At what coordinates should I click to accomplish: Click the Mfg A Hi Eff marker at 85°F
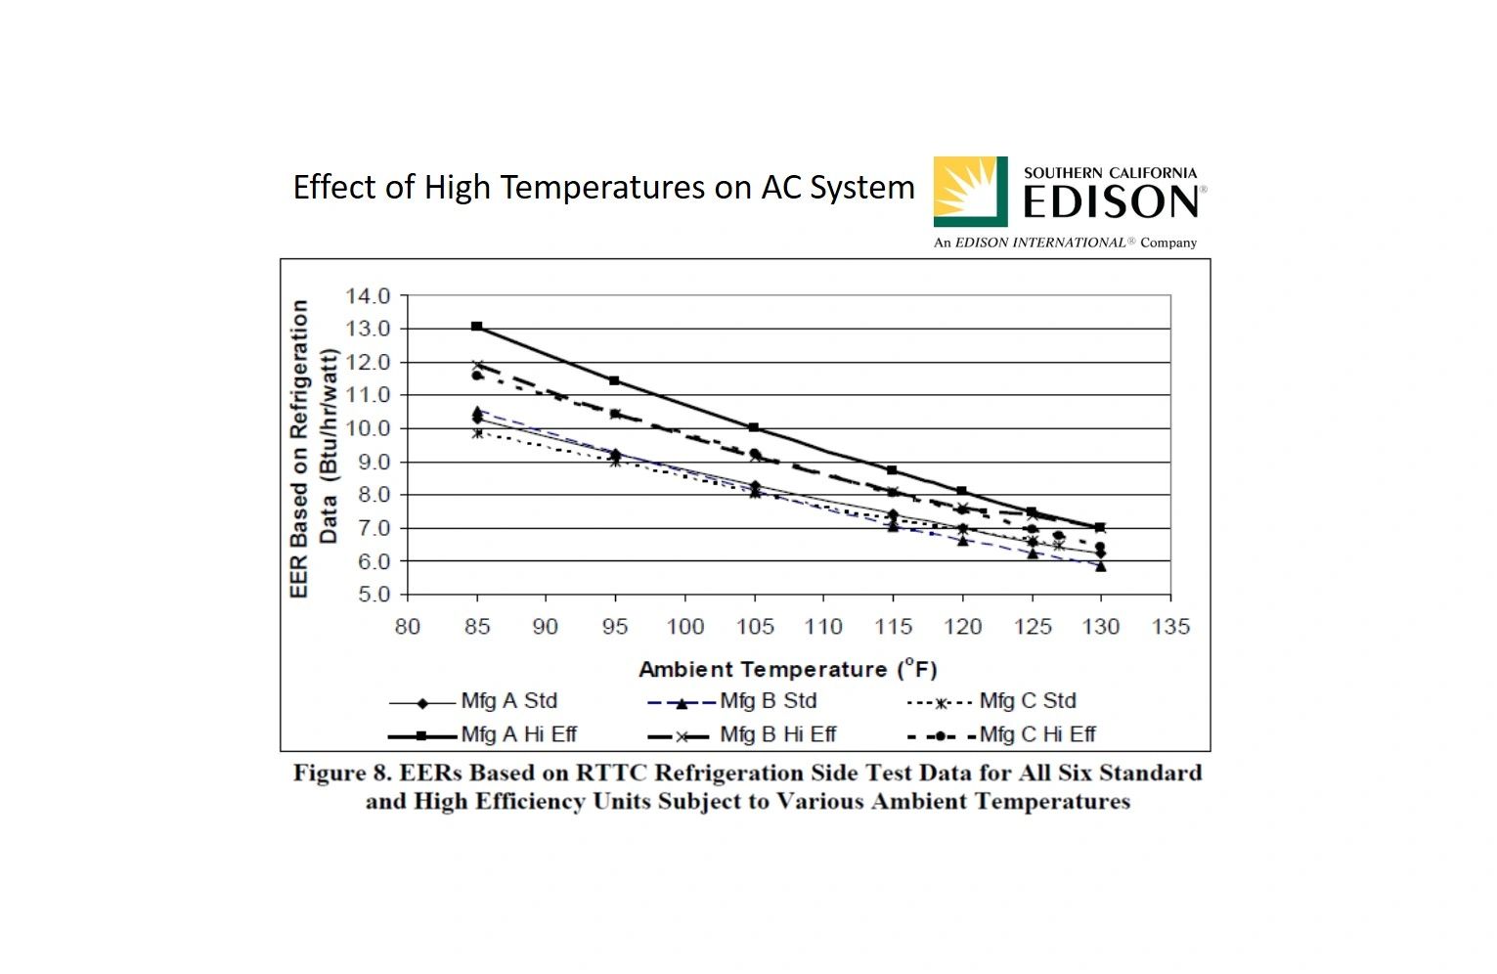[x=477, y=326]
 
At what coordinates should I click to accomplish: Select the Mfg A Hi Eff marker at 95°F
[x=615, y=380]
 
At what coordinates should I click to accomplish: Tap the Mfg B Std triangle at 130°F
[x=1101, y=566]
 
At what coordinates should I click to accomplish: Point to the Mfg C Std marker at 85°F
[x=477, y=432]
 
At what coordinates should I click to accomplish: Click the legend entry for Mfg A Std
[x=473, y=702]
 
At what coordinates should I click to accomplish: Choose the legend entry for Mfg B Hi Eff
[x=742, y=735]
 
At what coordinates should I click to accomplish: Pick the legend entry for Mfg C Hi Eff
[x=1002, y=735]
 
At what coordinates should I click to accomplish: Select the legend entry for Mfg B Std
[x=732, y=702]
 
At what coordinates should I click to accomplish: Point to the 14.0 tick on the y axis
[x=367, y=296]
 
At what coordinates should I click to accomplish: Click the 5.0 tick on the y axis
[x=367, y=595]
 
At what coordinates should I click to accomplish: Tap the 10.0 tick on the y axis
[x=367, y=428]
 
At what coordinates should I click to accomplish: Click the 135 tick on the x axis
[x=1170, y=627]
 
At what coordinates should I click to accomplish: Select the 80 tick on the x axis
[x=407, y=627]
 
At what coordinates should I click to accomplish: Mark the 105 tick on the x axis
[x=754, y=627]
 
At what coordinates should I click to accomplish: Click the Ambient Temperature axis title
[x=787, y=670]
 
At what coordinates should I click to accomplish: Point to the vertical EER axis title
[x=313, y=448]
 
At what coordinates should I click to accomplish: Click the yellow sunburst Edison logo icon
[x=970, y=192]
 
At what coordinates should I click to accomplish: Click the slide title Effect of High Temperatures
[x=603, y=187]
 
